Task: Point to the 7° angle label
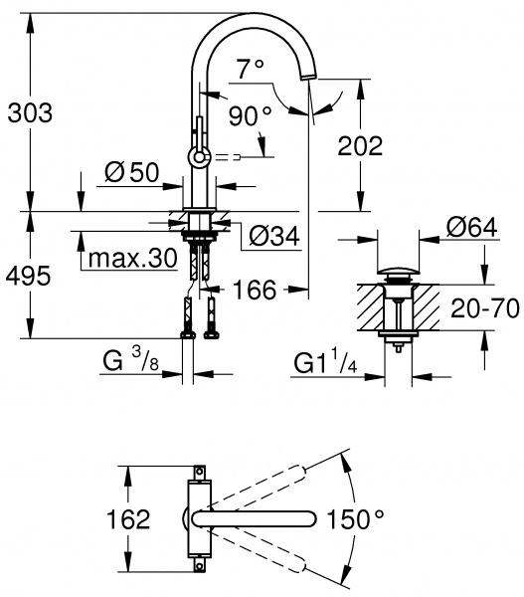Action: pos(252,68)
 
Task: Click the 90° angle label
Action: pos(249,116)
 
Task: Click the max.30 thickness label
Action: pos(132,260)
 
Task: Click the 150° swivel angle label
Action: pos(357,518)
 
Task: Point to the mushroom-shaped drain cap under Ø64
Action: pos(399,273)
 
